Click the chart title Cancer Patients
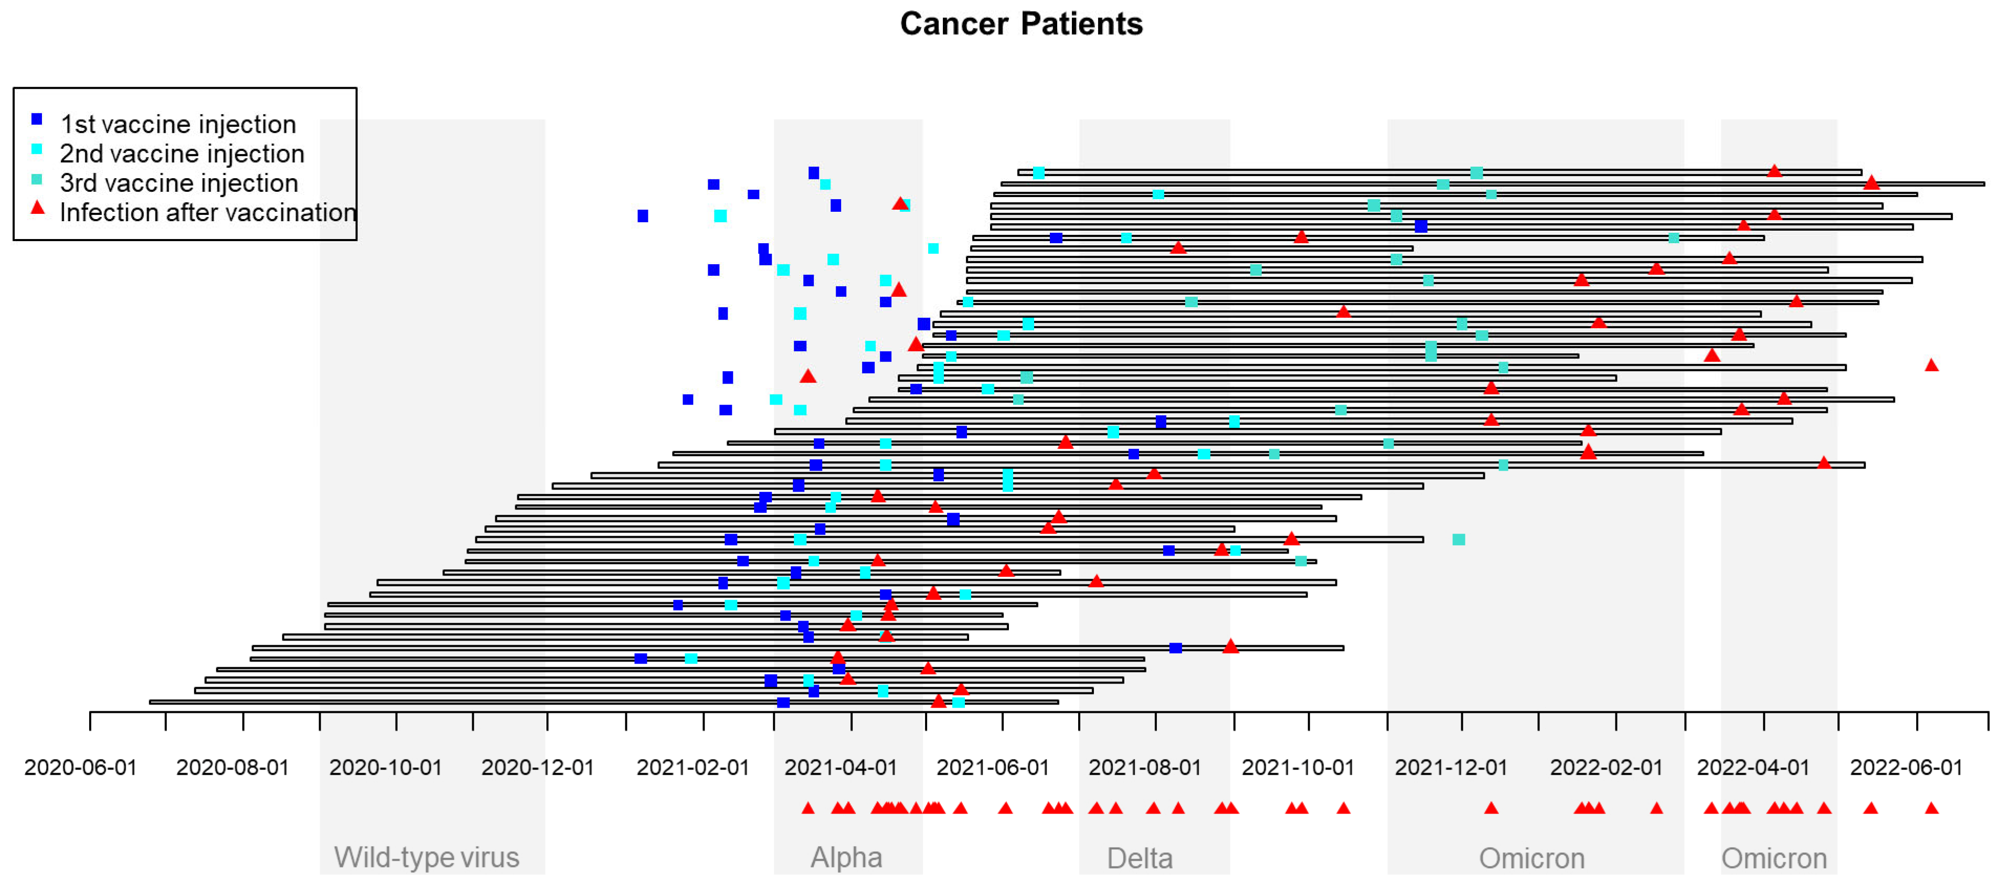(x=1020, y=24)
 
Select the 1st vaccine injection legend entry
(x=178, y=124)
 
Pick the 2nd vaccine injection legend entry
(x=182, y=154)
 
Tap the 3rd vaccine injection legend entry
(x=178, y=183)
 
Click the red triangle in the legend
(x=37, y=209)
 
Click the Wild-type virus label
(x=426, y=857)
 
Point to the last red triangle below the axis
(x=1931, y=808)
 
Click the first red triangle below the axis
(x=808, y=808)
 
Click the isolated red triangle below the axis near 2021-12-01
(x=1491, y=808)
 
